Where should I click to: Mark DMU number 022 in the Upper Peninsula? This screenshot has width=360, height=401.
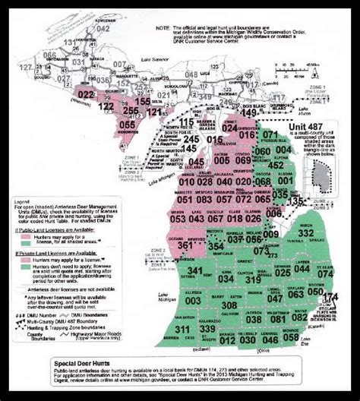[x=87, y=94]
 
